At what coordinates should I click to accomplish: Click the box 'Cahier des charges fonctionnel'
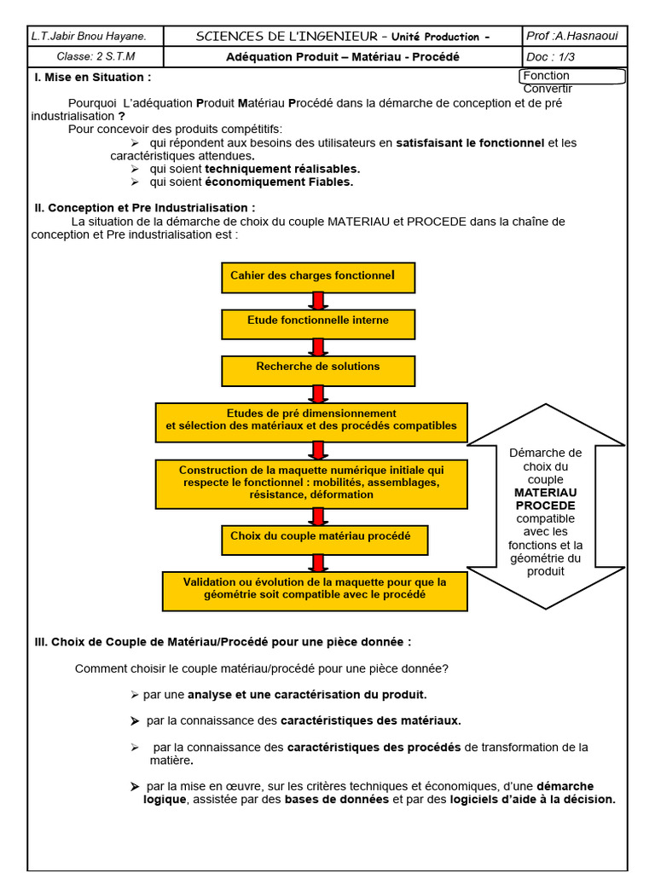(318, 276)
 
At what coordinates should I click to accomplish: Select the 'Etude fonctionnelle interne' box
(318, 323)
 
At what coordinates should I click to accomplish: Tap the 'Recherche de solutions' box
(318, 370)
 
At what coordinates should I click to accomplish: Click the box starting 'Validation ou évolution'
(315, 589)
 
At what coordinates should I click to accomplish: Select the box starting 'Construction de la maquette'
(311, 483)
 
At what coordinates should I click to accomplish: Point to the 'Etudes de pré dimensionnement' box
(311, 421)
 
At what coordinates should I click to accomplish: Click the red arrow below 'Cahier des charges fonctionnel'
(318, 300)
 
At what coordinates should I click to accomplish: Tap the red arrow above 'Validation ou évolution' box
(318, 563)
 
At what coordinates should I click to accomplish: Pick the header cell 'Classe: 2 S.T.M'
(84, 57)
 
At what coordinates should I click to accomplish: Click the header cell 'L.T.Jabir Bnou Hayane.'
(89, 36)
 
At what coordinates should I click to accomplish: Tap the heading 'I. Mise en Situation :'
(93, 77)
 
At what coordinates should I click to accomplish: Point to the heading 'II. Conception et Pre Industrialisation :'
(144, 208)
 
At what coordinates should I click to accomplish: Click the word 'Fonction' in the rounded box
(546, 76)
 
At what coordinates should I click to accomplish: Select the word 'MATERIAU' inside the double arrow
(546, 493)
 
